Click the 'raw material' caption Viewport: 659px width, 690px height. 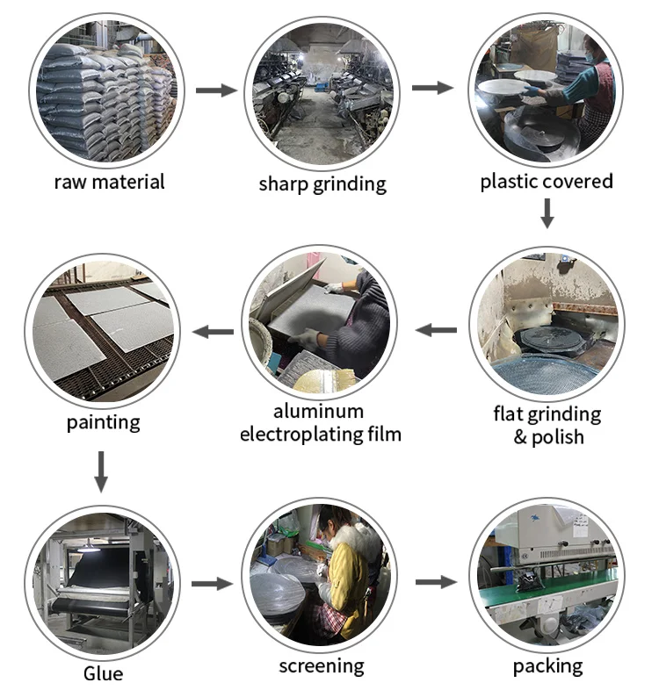pos(109,183)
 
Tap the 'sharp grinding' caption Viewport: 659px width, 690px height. pos(322,183)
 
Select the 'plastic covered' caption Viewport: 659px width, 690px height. pos(547,182)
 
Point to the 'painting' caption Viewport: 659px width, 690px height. pos(103,422)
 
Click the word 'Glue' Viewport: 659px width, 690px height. pos(103,674)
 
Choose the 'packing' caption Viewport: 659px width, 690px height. pos(547,665)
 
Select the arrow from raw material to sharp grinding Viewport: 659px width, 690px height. pos(216,90)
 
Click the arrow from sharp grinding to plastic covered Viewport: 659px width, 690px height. pos(431,88)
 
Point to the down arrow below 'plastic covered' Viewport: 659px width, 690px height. pos(547,213)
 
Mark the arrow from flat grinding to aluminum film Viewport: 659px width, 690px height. pos(436,330)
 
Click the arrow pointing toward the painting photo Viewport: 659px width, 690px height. pos(213,332)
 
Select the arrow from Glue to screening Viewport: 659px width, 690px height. pos(212,584)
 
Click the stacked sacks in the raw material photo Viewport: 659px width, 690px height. pos(105,97)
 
